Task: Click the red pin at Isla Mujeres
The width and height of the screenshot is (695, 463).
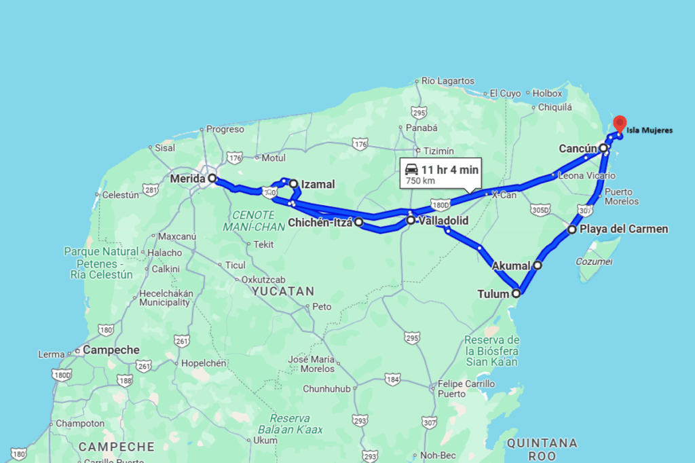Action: [619, 124]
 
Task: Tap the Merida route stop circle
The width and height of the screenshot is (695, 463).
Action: [212, 179]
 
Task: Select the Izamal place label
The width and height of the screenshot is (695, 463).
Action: [318, 184]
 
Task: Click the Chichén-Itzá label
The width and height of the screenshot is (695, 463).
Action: [320, 222]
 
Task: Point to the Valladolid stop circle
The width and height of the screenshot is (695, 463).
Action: [411, 220]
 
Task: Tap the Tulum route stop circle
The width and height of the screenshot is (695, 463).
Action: [516, 294]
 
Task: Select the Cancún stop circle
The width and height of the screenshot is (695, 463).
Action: [603, 147]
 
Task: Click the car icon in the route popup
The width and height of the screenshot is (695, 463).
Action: [411, 169]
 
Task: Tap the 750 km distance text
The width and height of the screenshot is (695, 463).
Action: [421, 181]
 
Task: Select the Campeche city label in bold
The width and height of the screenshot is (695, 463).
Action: [111, 350]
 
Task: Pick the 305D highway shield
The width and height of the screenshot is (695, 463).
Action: [540, 210]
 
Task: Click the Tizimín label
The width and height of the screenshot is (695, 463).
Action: [438, 151]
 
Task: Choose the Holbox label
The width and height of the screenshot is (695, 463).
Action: [547, 93]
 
